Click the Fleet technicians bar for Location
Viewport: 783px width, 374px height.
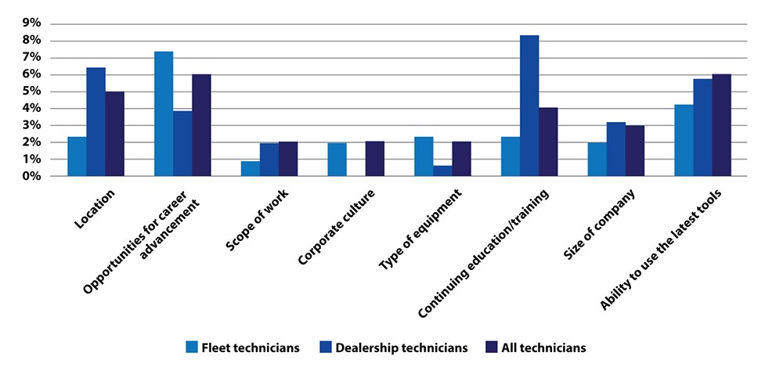[77, 156]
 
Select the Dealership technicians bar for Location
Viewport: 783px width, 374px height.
[96, 122]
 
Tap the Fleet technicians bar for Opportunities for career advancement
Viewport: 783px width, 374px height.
[164, 113]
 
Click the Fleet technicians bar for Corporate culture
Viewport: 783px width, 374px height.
[337, 160]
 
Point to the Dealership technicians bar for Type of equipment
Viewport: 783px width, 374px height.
[442, 171]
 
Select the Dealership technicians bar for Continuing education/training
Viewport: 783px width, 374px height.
[529, 106]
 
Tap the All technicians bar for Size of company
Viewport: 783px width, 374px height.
[634, 151]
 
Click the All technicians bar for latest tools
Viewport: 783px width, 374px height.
[721, 125]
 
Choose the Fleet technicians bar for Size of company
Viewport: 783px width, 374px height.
[597, 159]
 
